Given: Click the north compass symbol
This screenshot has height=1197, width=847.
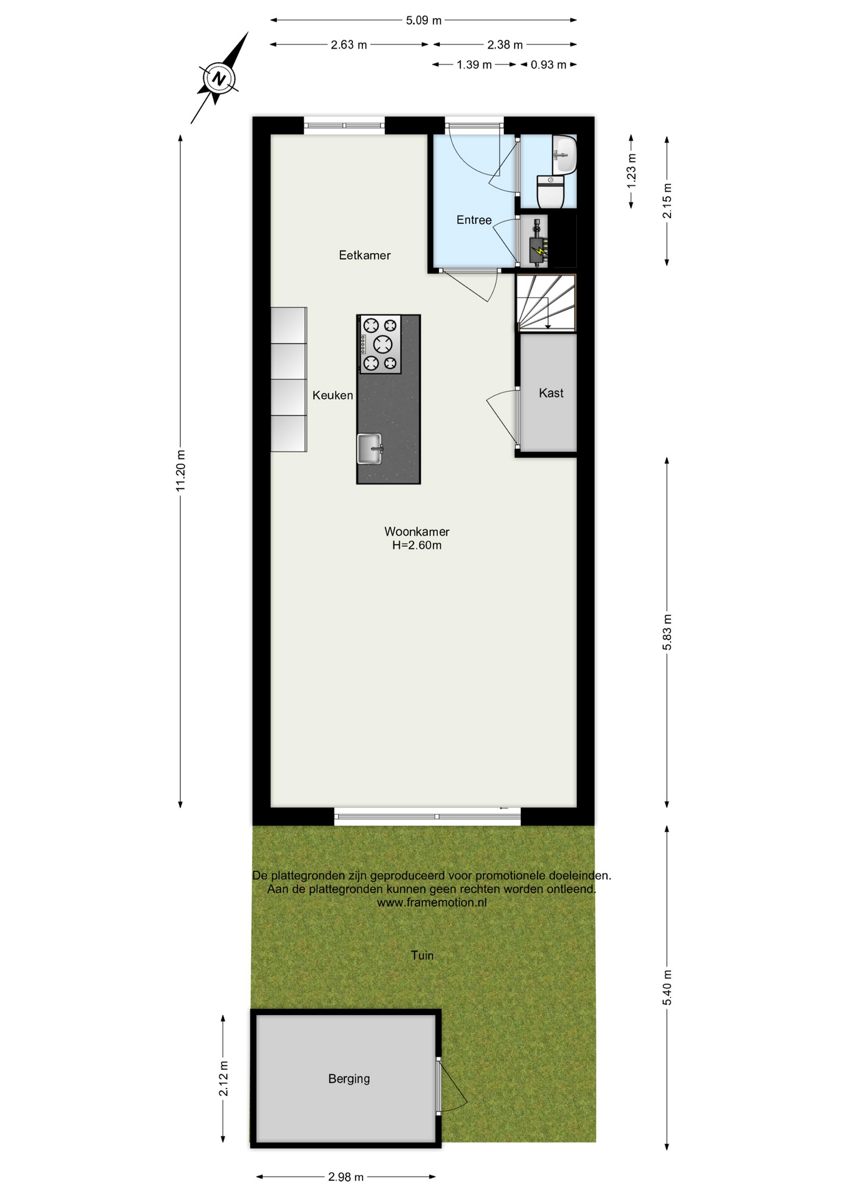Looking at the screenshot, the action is point(218,79).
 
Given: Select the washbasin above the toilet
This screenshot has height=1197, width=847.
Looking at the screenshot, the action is point(565,154).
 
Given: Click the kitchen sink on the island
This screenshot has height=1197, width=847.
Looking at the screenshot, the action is point(370,449).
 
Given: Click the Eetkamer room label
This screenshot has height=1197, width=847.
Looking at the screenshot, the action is point(365,255).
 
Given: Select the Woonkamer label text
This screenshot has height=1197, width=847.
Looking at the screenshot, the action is point(417,532).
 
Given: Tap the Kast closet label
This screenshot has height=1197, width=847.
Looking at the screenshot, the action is point(551,393).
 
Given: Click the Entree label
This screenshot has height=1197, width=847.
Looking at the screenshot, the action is point(474,220).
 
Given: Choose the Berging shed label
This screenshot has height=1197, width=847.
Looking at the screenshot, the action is point(349,1079).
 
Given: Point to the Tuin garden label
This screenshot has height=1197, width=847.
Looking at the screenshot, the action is point(422,955).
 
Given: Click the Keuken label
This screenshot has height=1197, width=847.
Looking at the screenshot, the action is point(332,395).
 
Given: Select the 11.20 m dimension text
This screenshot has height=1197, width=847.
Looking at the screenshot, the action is point(181,471).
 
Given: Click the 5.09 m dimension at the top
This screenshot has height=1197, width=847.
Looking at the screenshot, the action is point(423,21).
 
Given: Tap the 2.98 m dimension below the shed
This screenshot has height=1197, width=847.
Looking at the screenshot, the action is point(346,1177).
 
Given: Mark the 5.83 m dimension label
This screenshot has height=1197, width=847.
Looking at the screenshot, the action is point(667,632).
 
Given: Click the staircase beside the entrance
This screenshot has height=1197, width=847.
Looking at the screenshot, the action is point(546,302).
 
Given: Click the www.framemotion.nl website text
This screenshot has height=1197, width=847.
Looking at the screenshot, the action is point(432,902).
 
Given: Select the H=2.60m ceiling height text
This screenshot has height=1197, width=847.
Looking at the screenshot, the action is point(417,546).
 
